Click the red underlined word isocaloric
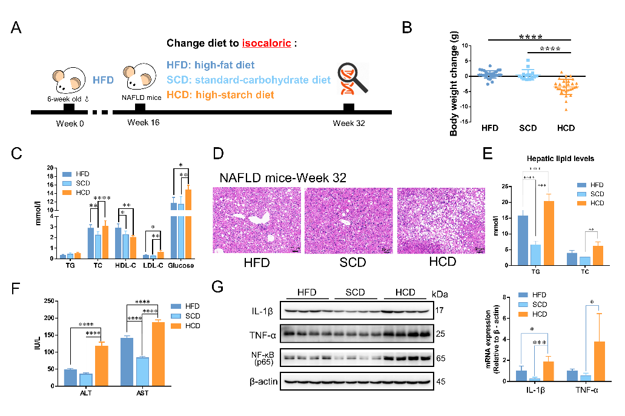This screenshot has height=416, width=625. point(266,44)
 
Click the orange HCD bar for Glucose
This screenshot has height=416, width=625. point(188,223)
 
